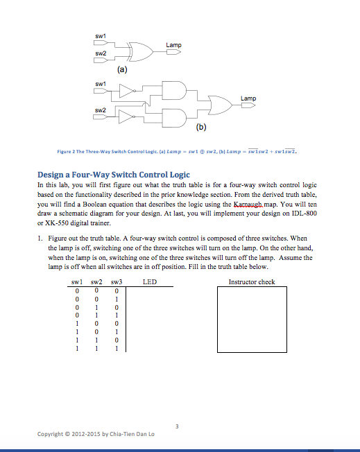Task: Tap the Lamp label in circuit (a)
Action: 173,45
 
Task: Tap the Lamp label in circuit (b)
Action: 248,98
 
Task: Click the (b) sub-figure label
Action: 200,128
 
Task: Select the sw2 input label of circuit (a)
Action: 101,53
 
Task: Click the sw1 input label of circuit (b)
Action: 101,83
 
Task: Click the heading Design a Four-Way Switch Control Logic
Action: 113,174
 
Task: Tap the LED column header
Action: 149,282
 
